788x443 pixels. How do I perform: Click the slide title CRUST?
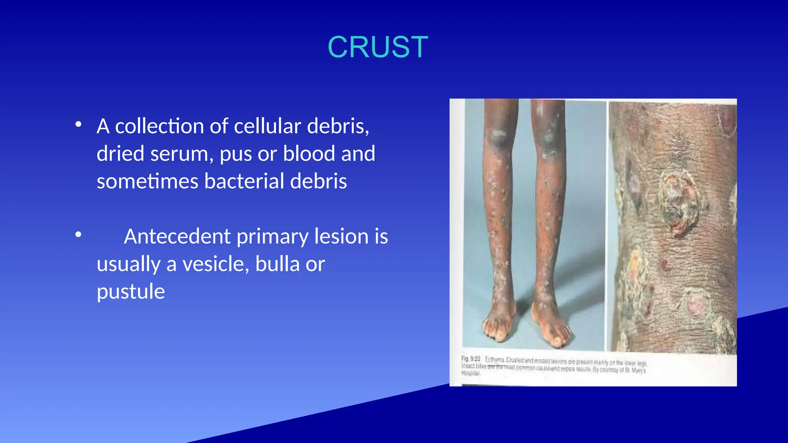[377, 47]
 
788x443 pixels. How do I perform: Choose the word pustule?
[131, 291]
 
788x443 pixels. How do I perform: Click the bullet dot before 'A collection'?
[78, 125]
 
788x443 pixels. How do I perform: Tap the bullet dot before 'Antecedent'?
[78, 235]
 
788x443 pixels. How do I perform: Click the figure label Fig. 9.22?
[471, 358]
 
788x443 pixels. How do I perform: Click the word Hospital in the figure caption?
[470, 373]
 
